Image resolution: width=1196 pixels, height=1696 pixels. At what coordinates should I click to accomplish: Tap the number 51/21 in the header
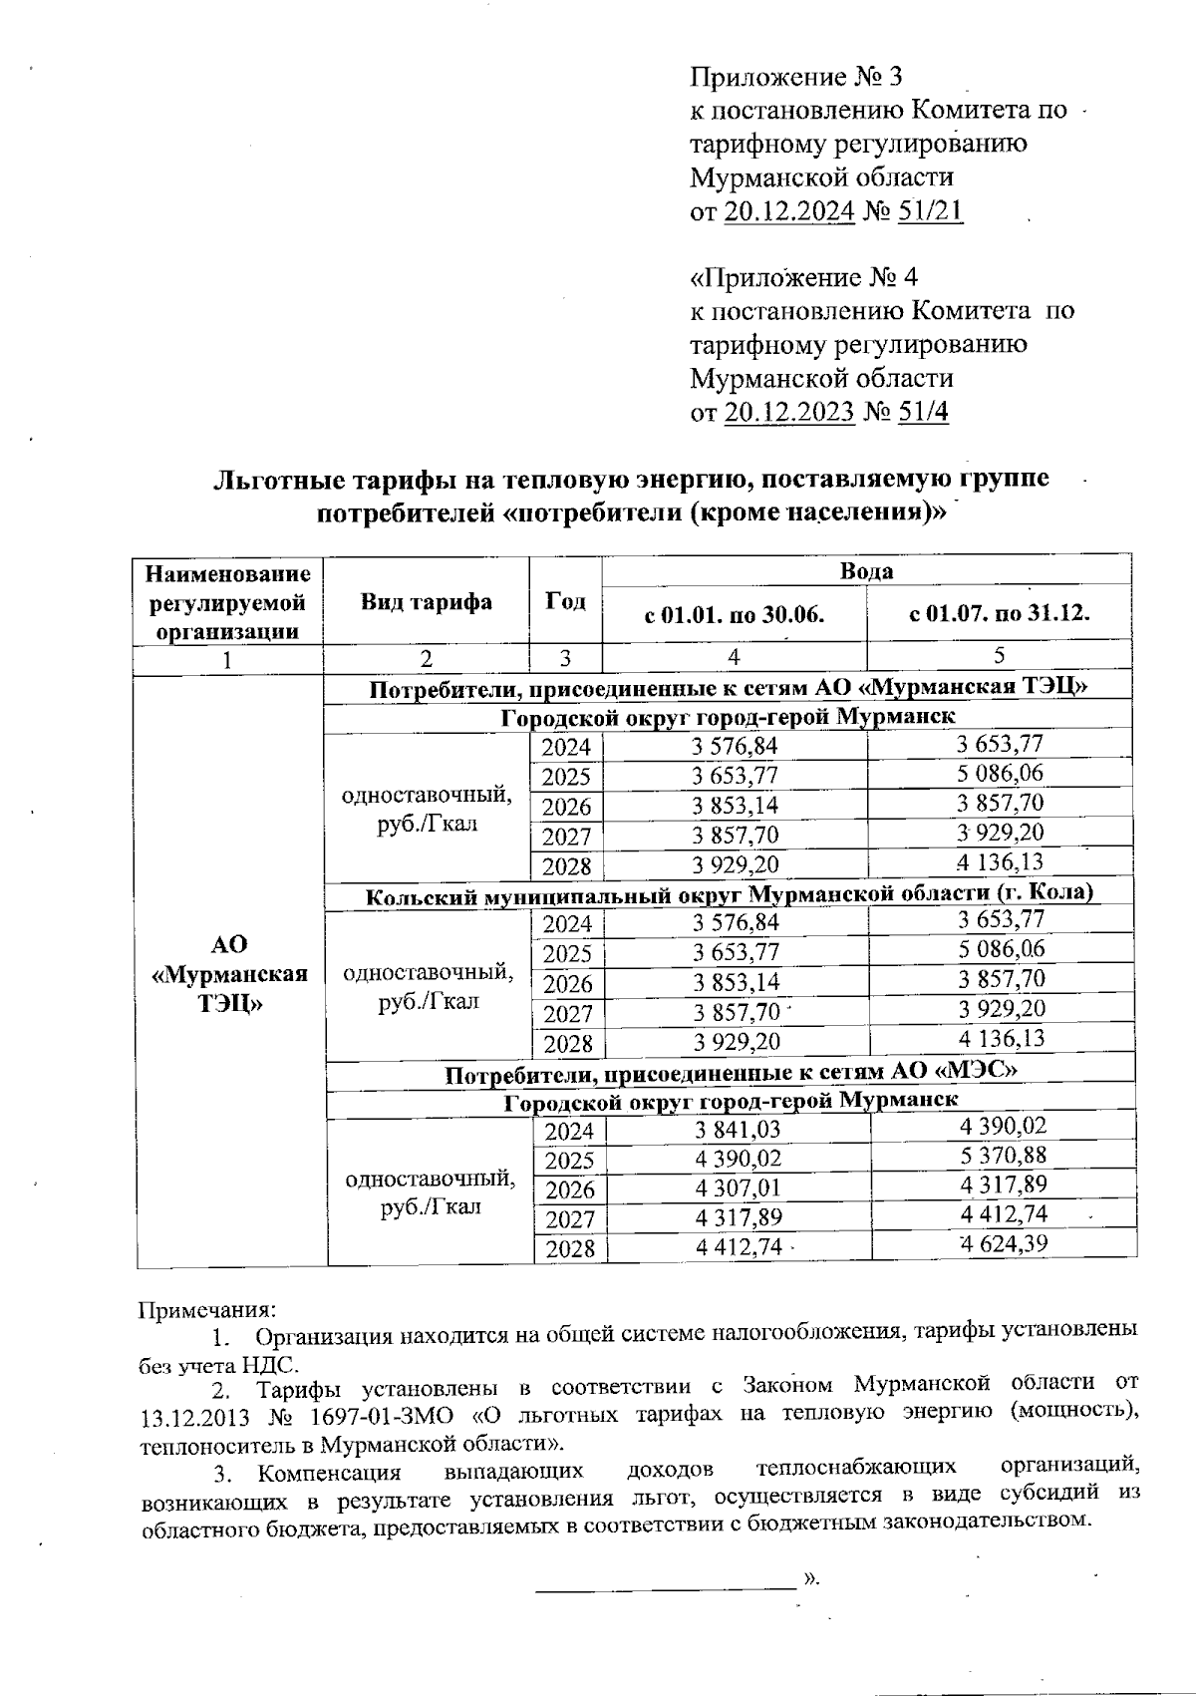(930, 211)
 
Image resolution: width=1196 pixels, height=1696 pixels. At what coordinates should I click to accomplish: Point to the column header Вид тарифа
(426, 602)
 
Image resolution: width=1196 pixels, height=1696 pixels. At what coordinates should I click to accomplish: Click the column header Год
(565, 602)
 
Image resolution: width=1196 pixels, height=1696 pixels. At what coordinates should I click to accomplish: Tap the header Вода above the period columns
(865, 571)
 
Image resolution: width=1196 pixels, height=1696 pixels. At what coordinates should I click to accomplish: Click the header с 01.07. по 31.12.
(999, 613)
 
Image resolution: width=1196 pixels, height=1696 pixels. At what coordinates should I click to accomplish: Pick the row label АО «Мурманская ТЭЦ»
(229, 973)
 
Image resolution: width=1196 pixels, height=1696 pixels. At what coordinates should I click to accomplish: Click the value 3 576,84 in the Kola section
(736, 923)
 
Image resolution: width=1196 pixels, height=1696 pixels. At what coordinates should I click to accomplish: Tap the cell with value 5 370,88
(1002, 1156)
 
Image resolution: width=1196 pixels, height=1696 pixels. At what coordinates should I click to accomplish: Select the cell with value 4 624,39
(1002, 1243)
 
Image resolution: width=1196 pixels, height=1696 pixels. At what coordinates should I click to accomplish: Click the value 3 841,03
(737, 1129)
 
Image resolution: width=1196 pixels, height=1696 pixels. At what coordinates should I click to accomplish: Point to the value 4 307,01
(737, 1188)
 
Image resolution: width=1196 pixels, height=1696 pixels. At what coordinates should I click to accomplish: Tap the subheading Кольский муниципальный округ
(730, 894)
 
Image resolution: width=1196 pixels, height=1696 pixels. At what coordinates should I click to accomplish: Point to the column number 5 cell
(999, 656)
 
